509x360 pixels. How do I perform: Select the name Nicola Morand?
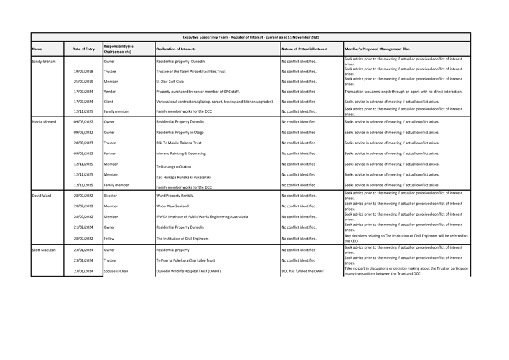click(44, 122)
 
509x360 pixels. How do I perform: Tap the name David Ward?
click(42, 196)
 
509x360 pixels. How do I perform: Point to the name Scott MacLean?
click(44, 250)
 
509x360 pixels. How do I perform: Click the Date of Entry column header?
click(83, 49)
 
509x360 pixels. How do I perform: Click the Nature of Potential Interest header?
click(304, 49)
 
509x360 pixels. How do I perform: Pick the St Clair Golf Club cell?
click(170, 82)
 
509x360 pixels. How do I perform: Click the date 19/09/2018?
click(83, 72)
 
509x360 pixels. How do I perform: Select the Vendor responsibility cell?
click(110, 92)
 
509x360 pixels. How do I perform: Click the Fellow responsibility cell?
click(110, 239)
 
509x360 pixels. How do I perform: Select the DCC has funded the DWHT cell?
click(303, 271)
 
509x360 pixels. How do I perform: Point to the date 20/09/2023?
click(83, 143)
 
